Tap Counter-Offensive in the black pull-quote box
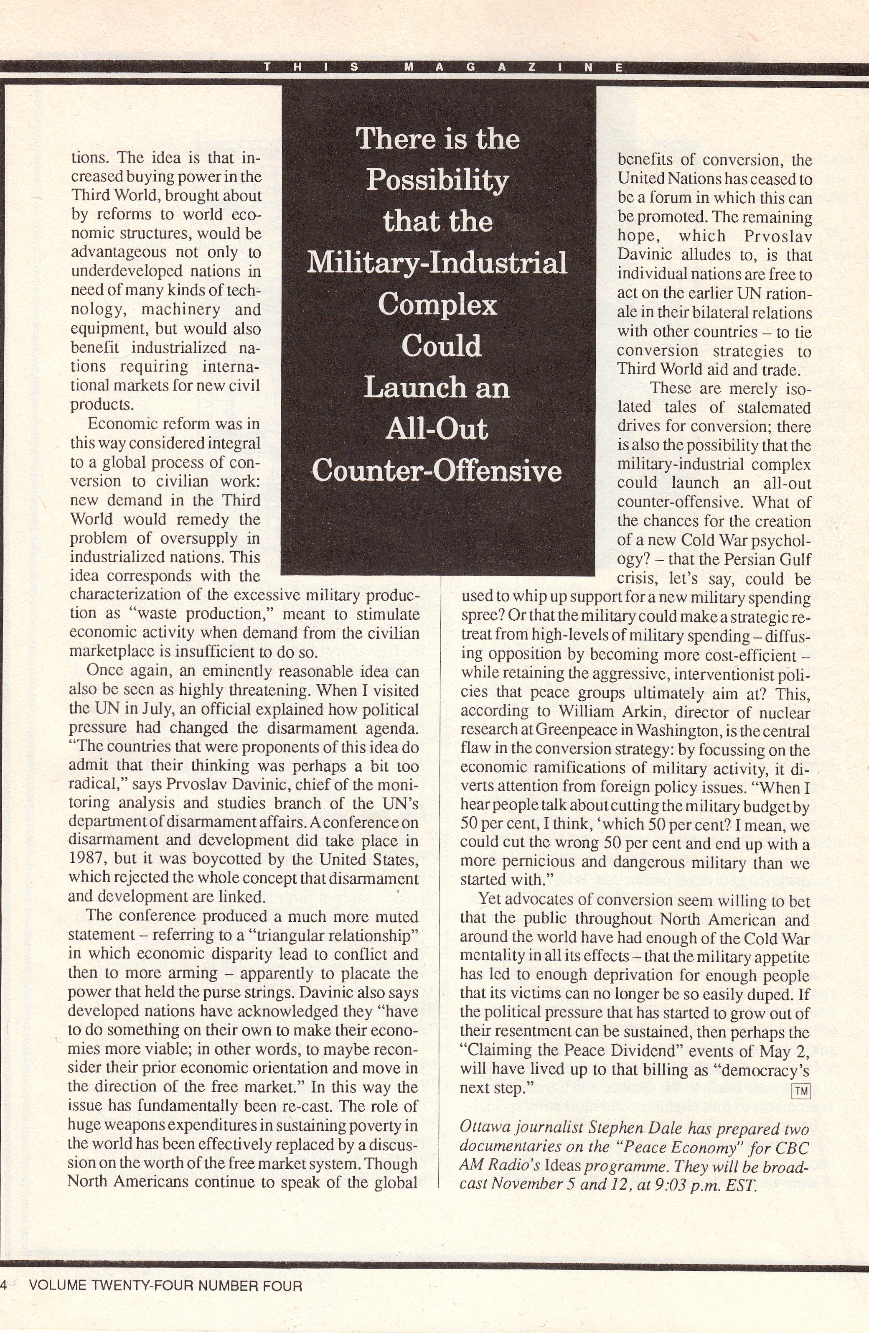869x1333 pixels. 437,471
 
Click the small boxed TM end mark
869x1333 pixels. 801,1090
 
